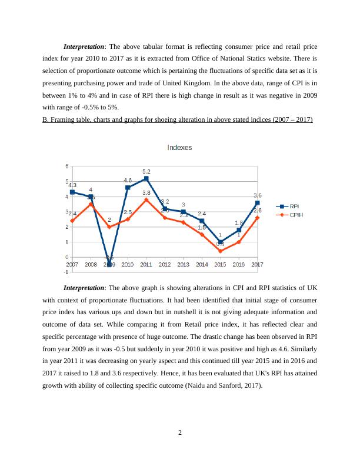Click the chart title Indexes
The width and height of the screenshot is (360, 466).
coord(179,148)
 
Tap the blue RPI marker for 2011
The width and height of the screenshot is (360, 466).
coord(146,178)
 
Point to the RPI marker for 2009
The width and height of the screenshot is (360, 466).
coord(109,265)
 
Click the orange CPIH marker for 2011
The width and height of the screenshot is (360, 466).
coord(146,199)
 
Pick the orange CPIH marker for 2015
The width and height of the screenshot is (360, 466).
coord(220,251)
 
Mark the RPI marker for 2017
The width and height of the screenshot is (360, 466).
coord(257,202)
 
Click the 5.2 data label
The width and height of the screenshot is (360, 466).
coord(146,171)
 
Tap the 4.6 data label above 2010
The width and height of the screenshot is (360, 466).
coord(128,180)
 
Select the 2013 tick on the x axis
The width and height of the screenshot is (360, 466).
coord(183,265)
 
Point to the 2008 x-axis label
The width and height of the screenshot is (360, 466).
coord(91,265)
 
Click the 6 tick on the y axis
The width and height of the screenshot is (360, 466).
coord(67,166)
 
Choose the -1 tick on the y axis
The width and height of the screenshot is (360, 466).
coord(66,272)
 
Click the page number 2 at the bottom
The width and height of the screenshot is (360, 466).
coord(180,434)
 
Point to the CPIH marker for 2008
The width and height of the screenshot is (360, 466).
coord(91,204)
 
